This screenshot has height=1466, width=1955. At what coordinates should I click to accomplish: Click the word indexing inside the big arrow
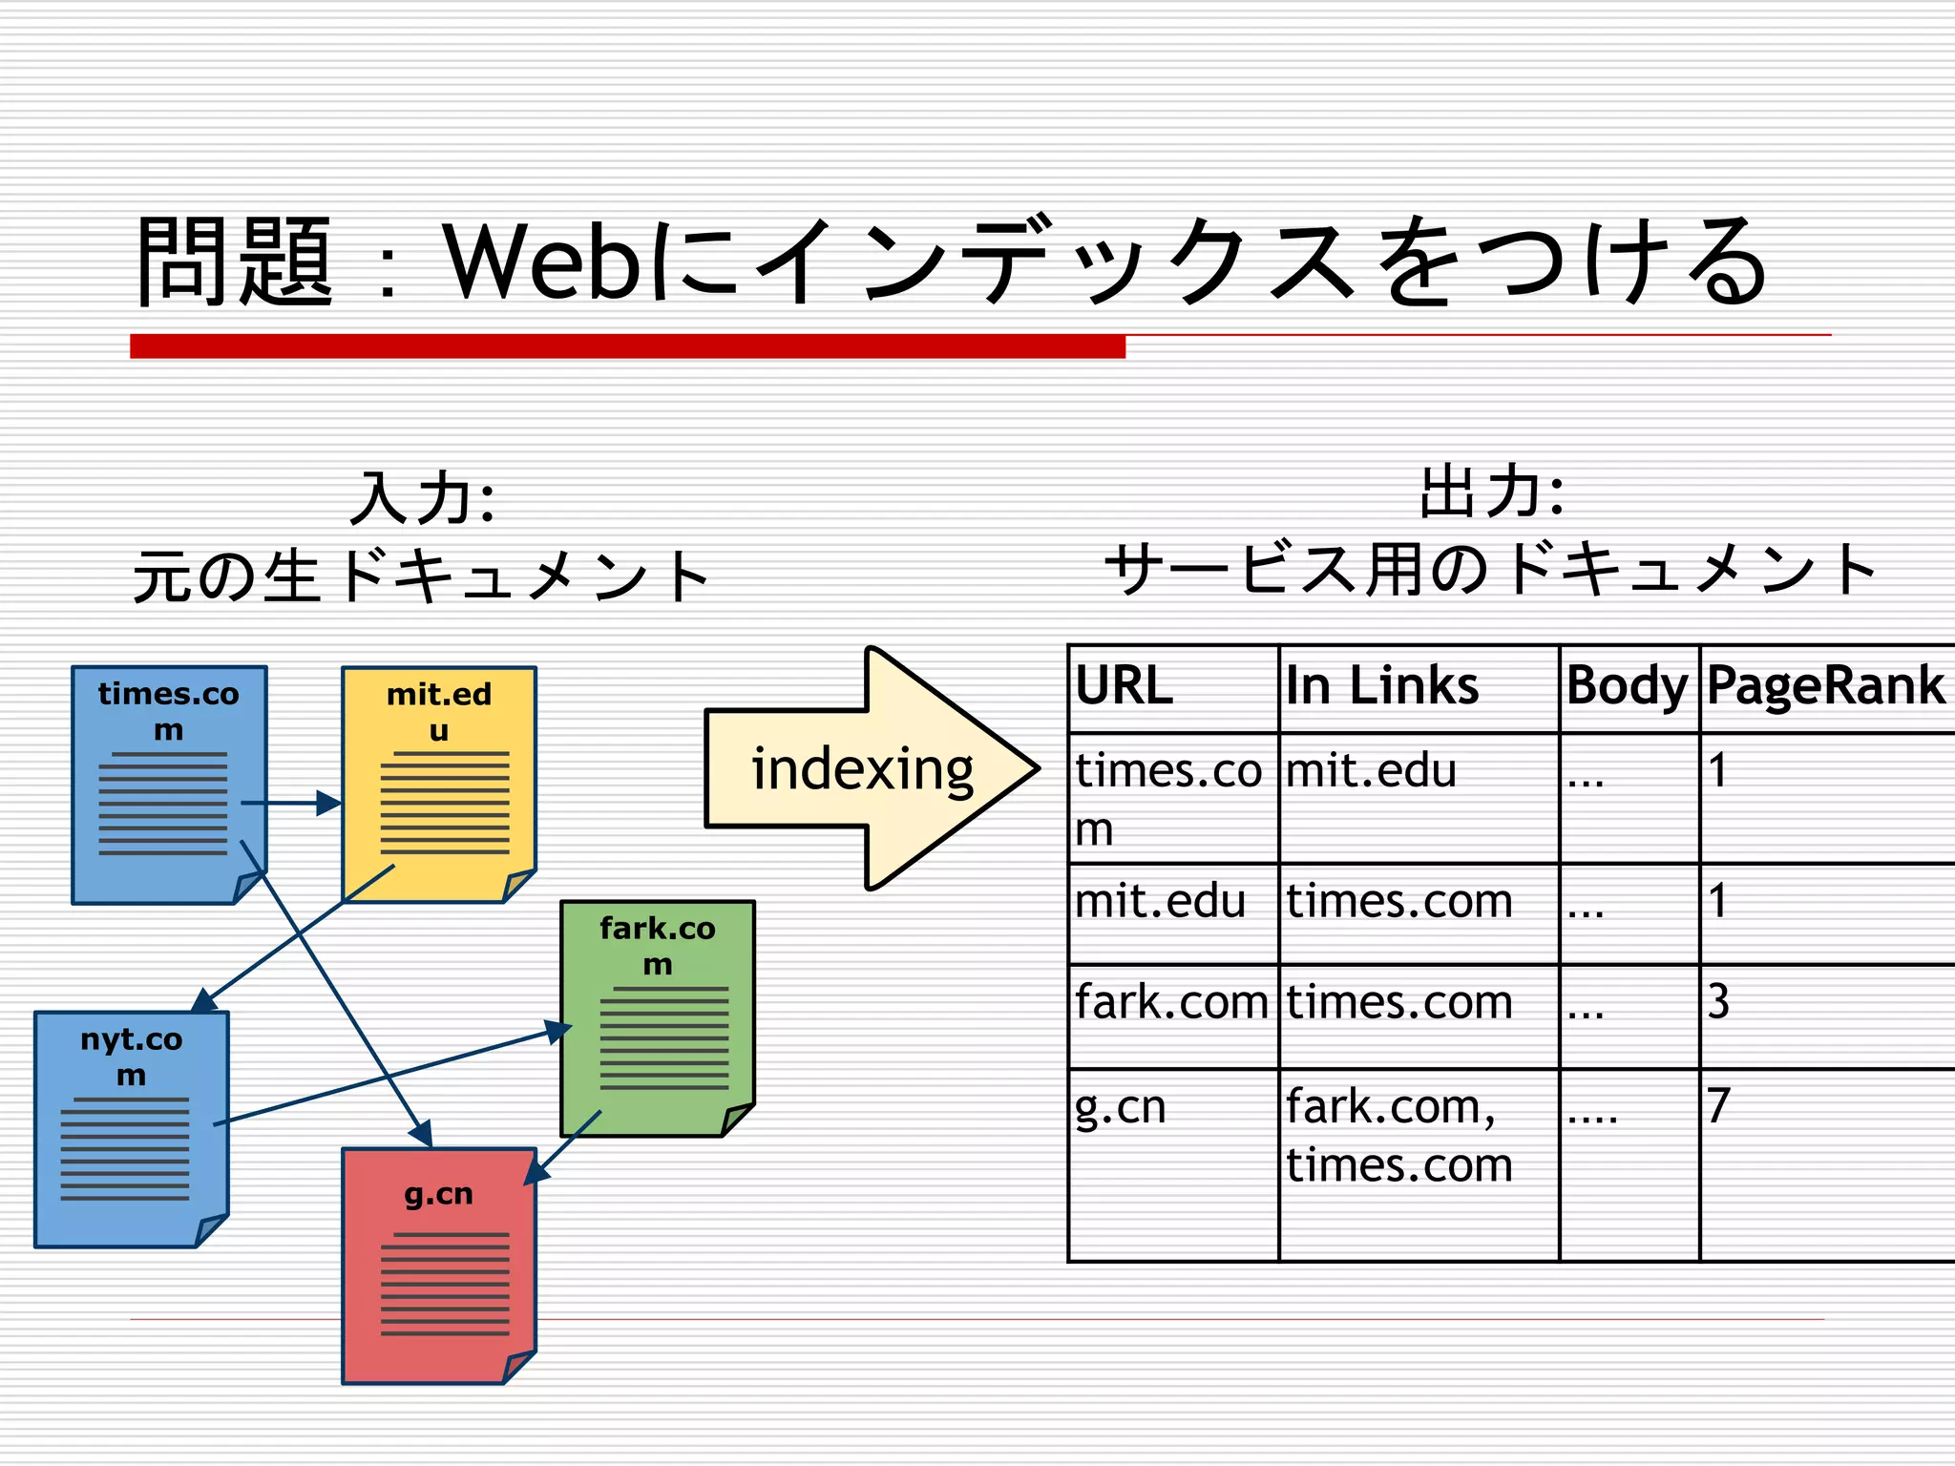[862, 769]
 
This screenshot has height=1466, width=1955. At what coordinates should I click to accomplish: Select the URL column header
[1124, 685]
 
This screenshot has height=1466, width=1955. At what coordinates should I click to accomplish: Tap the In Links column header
[1381, 685]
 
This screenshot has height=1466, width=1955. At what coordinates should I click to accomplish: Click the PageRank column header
[1824, 685]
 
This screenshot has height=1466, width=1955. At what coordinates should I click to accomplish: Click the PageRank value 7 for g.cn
[1718, 1105]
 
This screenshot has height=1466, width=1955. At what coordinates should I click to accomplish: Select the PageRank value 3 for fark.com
[1718, 1002]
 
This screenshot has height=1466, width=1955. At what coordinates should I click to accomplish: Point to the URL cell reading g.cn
[1121, 1107]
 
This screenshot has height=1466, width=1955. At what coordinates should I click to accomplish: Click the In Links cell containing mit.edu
[1371, 770]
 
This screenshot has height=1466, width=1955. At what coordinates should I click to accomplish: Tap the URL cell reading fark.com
[1171, 1002]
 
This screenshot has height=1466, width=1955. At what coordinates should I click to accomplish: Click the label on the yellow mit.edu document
[439, 711]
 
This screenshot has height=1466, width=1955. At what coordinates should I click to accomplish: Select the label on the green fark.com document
[658, 945]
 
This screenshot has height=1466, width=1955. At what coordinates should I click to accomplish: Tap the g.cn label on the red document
[439, 1193]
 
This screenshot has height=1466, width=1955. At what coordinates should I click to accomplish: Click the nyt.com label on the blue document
[132, 1056]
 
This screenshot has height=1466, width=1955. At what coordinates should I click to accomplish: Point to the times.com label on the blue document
[169, 710]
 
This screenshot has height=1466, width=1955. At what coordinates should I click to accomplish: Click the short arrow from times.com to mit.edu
[291, 803]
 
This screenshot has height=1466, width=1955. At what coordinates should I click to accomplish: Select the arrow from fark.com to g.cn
[563, 1147]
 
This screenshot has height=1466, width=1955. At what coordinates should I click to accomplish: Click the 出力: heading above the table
[1492, 492]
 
